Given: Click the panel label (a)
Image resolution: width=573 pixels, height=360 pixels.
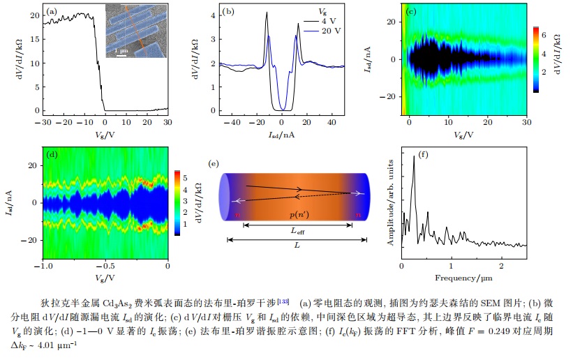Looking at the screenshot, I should [x=52, y=12].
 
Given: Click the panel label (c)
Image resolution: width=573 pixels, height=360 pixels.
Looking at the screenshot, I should [x=411, y=12].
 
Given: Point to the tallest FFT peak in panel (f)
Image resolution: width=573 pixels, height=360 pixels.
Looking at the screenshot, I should [x=414, y=158].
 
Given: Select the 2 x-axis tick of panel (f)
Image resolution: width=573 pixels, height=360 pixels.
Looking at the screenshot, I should [x=500, y=266].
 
